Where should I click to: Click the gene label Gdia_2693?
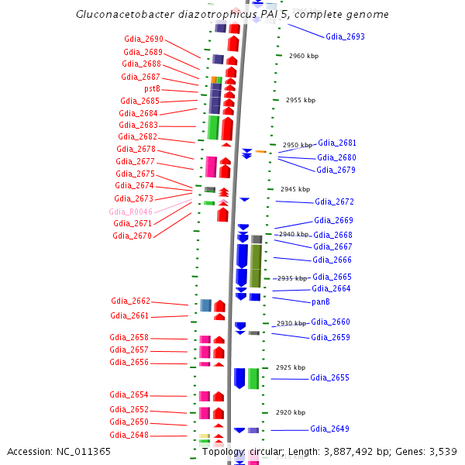345,36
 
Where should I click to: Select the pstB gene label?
152,89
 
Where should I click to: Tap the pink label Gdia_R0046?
131,212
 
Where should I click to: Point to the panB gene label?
321,301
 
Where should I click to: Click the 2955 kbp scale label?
300,100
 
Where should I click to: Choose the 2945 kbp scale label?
294,189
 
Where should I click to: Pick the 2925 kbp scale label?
291,367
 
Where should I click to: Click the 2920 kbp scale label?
291,412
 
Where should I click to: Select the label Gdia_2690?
143,39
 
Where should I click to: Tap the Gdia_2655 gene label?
329,377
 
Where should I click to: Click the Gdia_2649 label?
329,429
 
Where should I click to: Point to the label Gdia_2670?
132,236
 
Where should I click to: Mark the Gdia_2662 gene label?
130,301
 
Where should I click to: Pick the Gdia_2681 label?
337,143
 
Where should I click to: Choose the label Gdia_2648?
129,435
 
